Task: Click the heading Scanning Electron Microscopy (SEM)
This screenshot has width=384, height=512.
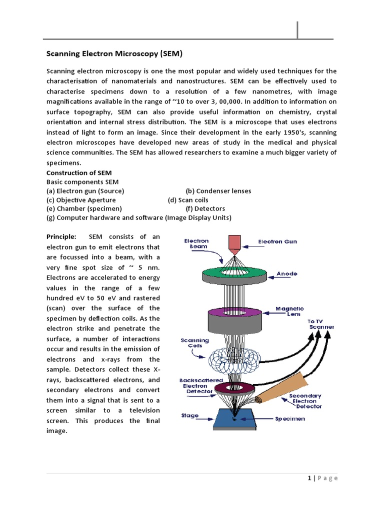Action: pos(114,53)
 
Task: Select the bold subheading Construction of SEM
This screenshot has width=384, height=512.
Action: pos(79,173)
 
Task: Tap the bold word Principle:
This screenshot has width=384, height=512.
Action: pos(61,236)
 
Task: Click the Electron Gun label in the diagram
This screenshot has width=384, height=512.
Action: pos(277,241)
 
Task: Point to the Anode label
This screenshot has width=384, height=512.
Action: pos(287,274)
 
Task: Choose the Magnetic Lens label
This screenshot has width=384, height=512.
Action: pos(289,311)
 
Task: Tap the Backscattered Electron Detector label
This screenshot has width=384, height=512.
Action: pos(201,385)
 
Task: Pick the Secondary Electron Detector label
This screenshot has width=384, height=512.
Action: pos(305,401)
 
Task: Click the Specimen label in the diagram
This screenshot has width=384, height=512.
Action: pos(290,418)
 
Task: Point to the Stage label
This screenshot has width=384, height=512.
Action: pos(190,415)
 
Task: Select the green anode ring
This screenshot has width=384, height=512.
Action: pos(233,274)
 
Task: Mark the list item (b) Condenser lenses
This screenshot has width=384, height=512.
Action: pos(218,191)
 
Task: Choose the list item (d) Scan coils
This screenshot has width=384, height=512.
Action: pos(188,200)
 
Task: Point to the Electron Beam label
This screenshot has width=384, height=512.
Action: pos(199,243)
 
